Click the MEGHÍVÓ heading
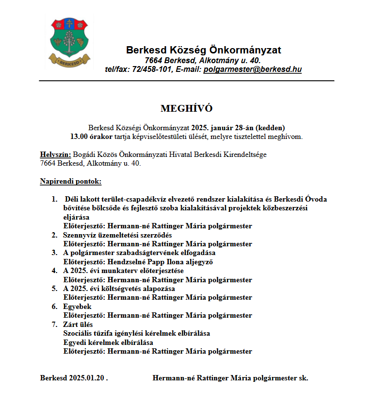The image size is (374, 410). (x=187, y=108)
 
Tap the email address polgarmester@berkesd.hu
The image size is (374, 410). (x=252, y=69)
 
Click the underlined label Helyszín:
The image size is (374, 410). (x=55, y=154)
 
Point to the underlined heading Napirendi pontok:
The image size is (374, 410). (x=71, y=181)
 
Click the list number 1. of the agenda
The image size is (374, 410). (x=54, y=199)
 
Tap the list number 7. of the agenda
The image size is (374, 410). (x=54, y=324)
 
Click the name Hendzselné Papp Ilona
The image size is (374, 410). (x=144, y=262)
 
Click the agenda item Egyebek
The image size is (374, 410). (x=77, y=307)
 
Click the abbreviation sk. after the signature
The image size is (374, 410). (x=304, y=378)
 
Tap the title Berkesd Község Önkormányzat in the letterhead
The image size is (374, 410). (x=203, y=50)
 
